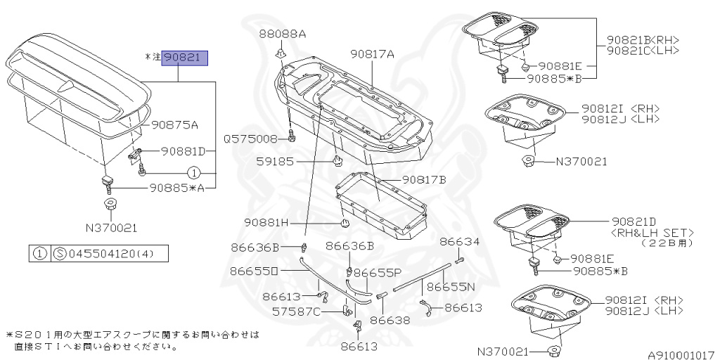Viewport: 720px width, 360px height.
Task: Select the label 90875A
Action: tap(174, 125)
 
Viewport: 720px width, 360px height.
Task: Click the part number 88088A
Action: tap(282, 34)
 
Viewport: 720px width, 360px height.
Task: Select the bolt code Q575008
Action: tap(251, 139)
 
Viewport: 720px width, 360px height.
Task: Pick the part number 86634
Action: tap(460, 241)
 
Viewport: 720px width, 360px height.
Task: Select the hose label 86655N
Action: tap(451, 287)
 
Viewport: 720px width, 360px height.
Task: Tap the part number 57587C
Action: tap(316, 311)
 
